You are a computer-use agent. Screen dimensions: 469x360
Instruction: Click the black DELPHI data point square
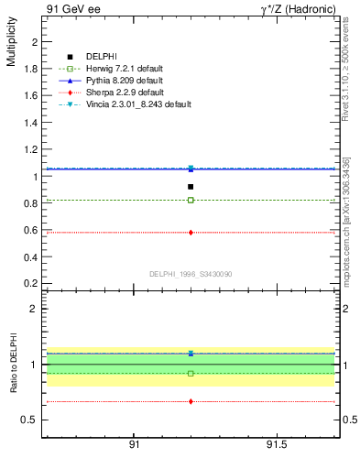pos(191,187)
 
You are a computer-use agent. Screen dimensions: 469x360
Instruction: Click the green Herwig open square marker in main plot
pos(191,200)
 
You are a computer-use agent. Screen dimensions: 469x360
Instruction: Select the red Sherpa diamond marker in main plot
pos(191,233)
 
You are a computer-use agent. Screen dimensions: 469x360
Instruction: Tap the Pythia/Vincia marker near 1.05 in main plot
pos(191,169)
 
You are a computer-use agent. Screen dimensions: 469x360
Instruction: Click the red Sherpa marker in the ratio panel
pos(191,401)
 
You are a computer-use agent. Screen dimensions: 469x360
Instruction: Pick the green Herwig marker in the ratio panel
pos(191,373)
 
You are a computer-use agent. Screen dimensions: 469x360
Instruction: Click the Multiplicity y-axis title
pos(11,45)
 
